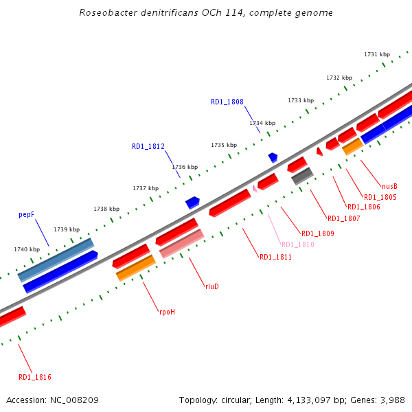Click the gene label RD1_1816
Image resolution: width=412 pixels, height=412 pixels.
click(34, 377)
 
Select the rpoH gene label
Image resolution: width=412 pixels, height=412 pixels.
click(167, 312)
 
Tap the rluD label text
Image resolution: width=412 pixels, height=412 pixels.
click(211, 286)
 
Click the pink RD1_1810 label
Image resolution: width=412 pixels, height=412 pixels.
click(297, 244)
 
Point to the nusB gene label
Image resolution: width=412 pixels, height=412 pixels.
click(389, 186)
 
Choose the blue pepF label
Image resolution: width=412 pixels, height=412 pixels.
click(26, 215)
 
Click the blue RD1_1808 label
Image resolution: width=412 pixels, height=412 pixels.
click(227, 102)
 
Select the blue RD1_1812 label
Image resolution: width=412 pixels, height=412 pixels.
click(148, 146)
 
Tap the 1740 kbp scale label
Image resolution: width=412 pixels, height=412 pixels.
click(27, 249)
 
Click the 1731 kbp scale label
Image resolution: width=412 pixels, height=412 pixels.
click(377, 54)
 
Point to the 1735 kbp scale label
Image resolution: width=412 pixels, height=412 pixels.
click(224, 145)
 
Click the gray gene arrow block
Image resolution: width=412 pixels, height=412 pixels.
click(302, 176)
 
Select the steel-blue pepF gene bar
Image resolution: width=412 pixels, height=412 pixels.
click(56, 259)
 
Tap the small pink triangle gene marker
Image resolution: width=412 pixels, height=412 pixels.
click(255, 187)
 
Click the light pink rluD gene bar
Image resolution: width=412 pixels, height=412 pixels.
click(182, 244)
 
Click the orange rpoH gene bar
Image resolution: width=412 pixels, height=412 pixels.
click(136, 268)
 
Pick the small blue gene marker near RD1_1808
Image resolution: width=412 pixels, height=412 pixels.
click(273, 157)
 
